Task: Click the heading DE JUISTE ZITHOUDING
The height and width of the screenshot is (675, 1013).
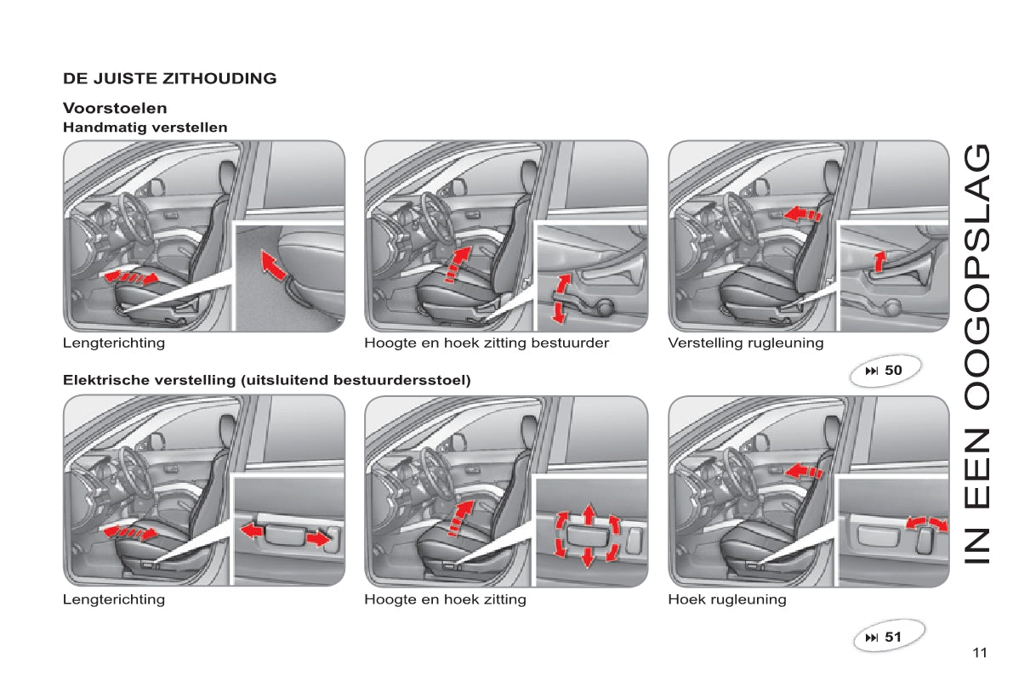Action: click(x=169, y=78)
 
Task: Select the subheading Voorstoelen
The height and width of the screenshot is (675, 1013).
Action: click(x=115, y=108)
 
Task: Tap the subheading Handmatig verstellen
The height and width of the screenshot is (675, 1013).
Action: click(x=145, y=128)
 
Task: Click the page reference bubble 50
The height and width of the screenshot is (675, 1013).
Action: click(x=885, y=371)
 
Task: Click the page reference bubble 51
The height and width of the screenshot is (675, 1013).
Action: click(x=888, y=637)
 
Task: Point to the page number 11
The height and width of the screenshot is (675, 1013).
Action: click(x=980, y=652)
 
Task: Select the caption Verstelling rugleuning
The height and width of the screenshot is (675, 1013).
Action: click(x=746, y=343)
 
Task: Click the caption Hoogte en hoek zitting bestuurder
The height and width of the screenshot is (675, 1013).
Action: click(x=487, y=343)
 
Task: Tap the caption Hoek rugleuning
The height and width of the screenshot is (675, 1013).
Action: click(x=727, y=599)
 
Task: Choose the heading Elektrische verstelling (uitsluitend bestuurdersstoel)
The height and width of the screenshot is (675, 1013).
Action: click(x=267, y=380)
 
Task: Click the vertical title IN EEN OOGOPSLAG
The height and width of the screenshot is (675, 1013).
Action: click(x=976, y=354)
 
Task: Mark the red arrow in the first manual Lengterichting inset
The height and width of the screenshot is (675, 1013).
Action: click(x=273, y=265)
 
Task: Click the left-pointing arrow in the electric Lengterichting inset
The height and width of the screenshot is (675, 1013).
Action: click(x=252, y=531)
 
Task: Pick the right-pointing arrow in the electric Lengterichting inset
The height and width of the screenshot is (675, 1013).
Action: click(x=318, y=538)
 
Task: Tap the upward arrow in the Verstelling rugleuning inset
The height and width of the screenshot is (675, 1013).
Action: click(x=879, y=262)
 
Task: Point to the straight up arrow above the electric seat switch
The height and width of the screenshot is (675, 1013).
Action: click(x=589, y=514)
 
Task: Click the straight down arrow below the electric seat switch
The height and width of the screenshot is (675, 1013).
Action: click(x=587, y=558)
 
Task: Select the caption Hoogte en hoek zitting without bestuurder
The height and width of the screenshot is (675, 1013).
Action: click(x=445, y=599)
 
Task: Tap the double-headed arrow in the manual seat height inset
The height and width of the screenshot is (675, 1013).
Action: click(x=561, y=298)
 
